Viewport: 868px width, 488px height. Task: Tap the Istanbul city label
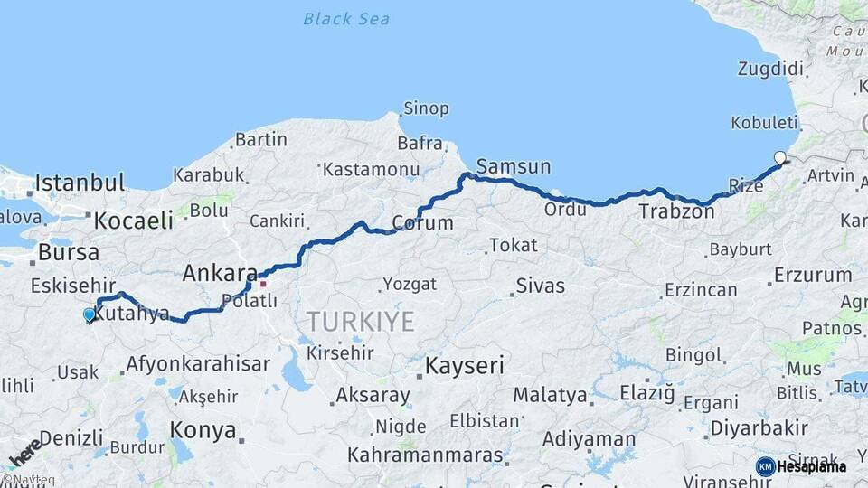[x=80, y=183]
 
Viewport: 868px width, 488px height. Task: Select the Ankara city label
[x=220, y=272]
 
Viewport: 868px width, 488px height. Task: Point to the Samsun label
[x=513, y=166]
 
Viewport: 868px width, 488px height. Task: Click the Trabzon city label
[x=676, y=212]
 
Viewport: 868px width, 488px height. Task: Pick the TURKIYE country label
[x=360, y=321]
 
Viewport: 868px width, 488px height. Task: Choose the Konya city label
[x=203, y=430]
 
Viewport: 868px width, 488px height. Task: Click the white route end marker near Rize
[x=780, y=158]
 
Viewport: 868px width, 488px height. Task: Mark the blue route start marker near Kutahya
[x=89, y=314]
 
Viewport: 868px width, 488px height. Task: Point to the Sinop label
[x=426, y=109]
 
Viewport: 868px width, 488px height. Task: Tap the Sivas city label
[x=540, y=286]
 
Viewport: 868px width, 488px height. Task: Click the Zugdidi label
[x=770, y=69]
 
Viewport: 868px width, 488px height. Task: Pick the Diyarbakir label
[x=759, y=427]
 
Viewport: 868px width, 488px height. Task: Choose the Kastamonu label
[x=371, y=169]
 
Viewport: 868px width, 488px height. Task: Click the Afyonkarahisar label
[x=198, y=364]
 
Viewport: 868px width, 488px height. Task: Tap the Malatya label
[x=550, y=395]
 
